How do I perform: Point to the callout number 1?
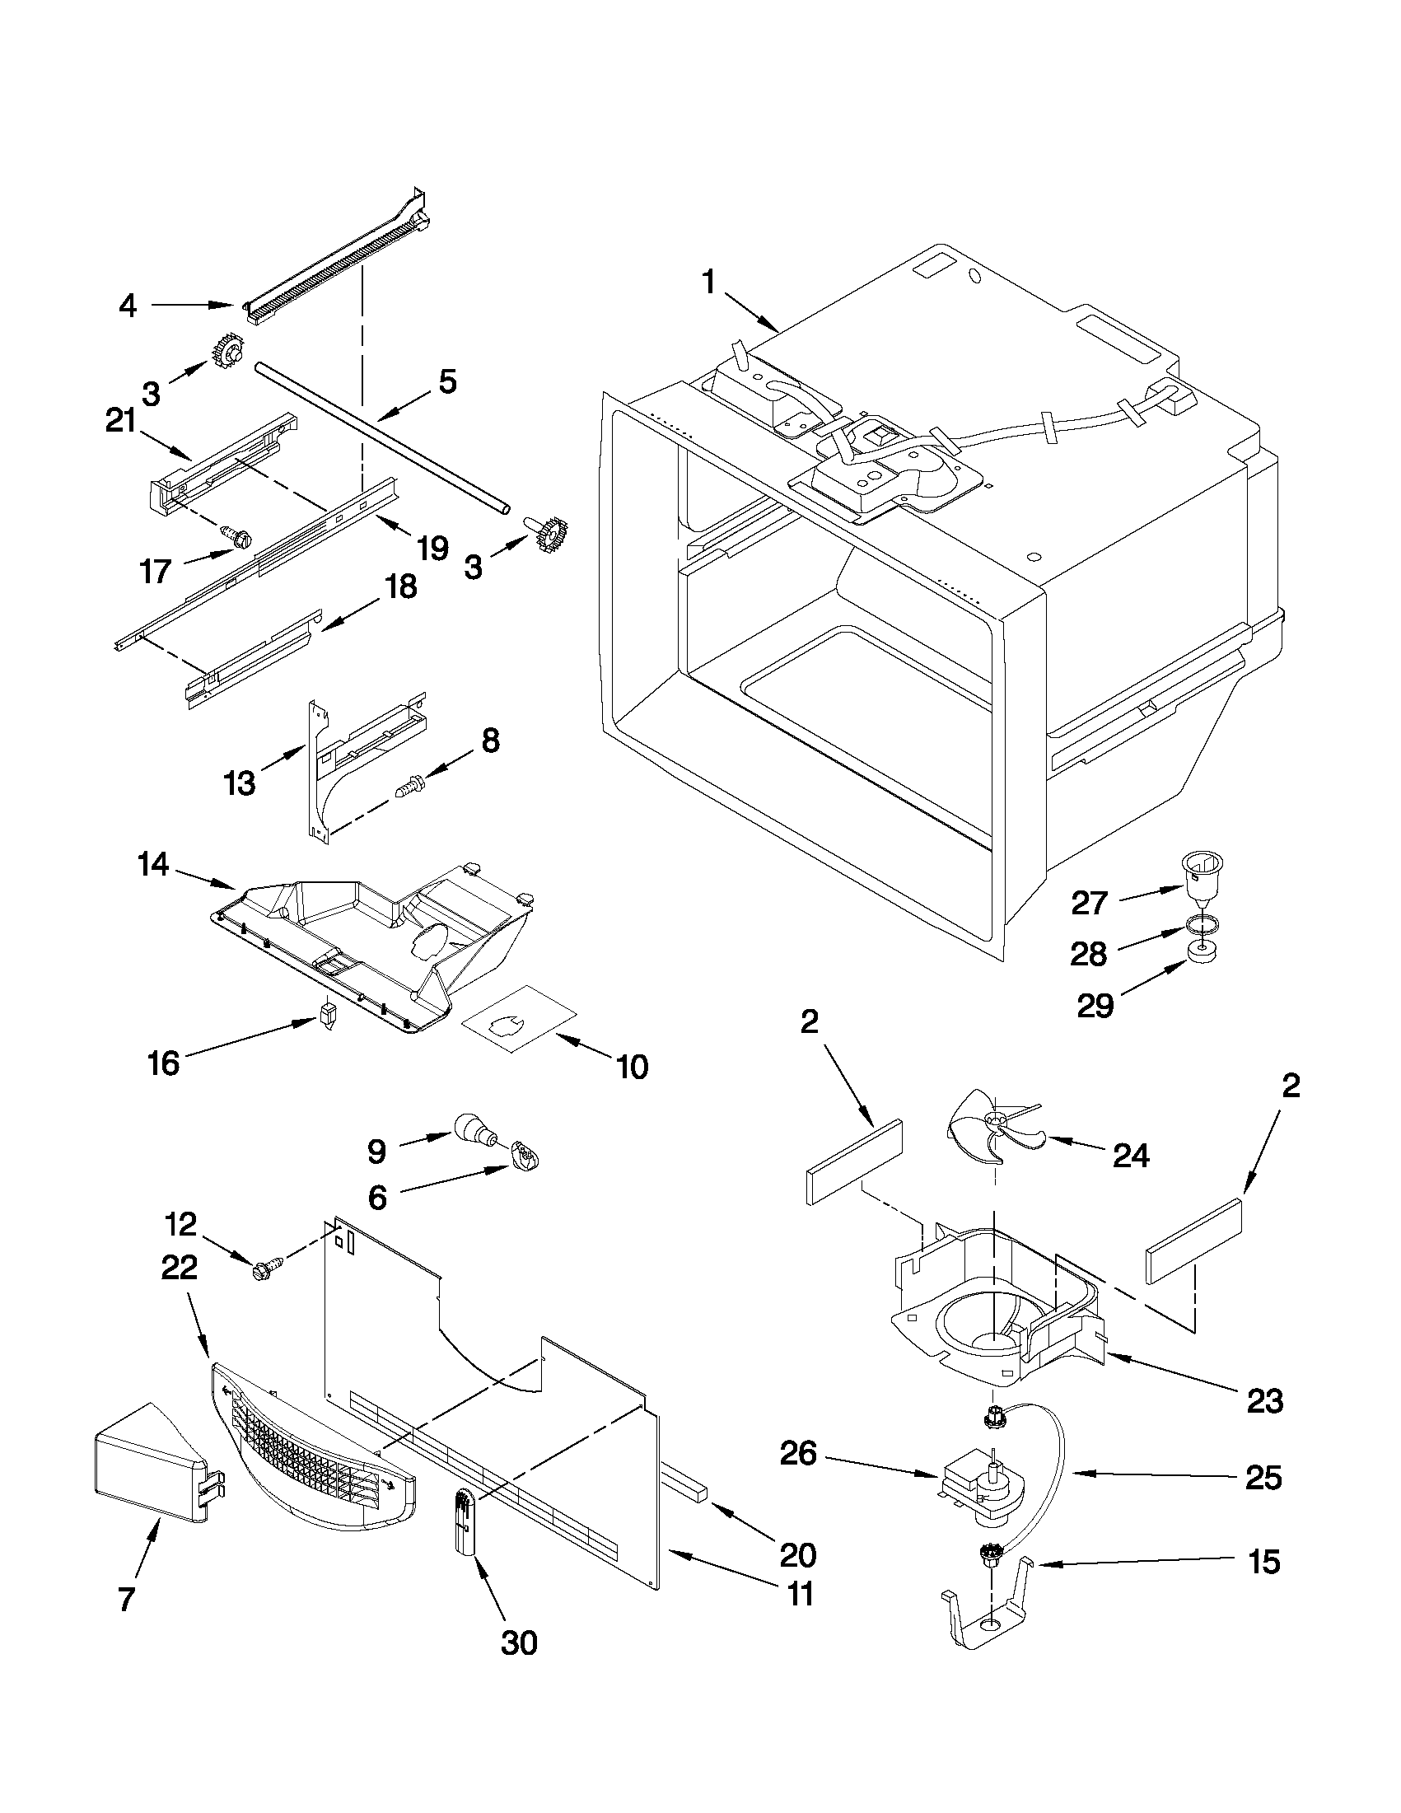click(x=708, y=283)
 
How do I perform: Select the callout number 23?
click(x=1263, y=1402)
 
